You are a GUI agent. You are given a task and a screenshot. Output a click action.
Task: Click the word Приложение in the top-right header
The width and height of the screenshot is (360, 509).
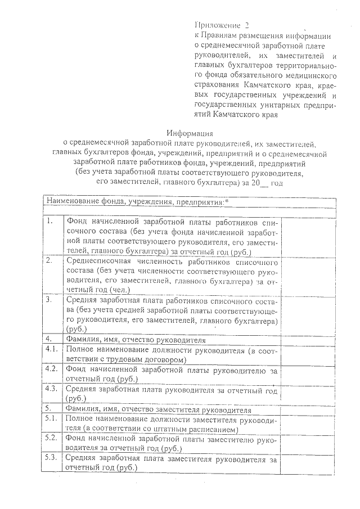click(216, 25)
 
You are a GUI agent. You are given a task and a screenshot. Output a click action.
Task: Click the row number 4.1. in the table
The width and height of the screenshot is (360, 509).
click(52, 350)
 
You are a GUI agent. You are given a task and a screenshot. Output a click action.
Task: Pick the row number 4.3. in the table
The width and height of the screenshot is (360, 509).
click(52, 389)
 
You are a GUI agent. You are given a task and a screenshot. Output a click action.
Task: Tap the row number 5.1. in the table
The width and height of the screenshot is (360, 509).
click(52, 418)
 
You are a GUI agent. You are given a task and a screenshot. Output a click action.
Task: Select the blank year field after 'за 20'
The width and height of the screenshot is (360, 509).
click(260, 183)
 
